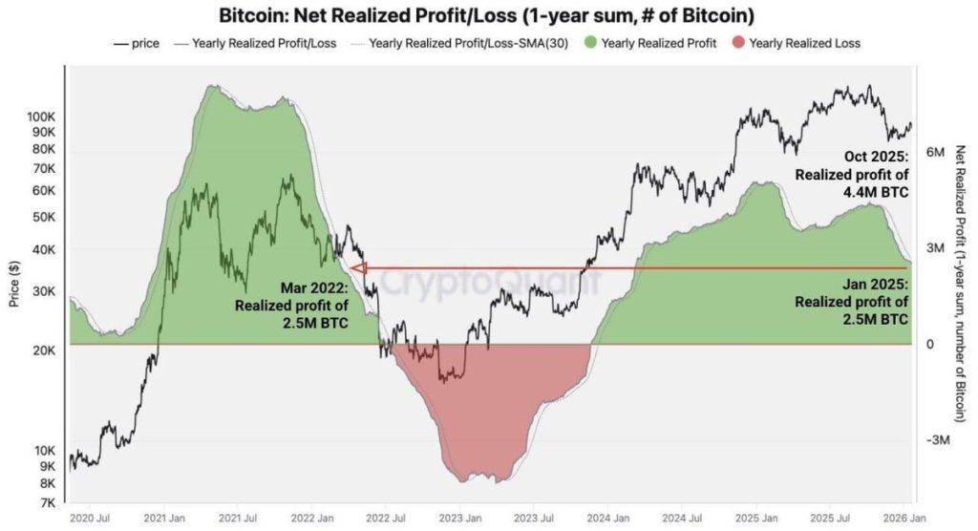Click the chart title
click(x=487, y=16)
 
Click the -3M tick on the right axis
click(x=937, y=440)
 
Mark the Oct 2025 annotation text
click(x=852, y=174)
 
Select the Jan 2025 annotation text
click(x=852, y=301)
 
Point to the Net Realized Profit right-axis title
click(x=961, y=283)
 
